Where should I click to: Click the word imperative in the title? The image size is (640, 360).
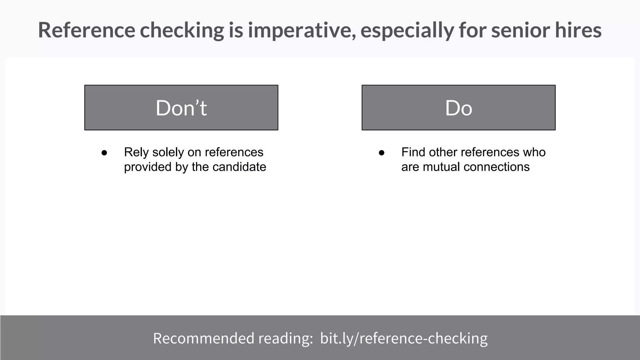coord(302,30)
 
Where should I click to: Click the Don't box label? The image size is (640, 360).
coord(181,108)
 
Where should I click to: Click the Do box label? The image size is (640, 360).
coord(458,108)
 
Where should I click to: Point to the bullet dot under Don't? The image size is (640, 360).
coord(104,153)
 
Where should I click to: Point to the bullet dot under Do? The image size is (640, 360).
coord(382,153)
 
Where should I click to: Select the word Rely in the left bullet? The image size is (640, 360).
coord(136,152)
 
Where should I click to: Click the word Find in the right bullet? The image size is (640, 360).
coord(413,152)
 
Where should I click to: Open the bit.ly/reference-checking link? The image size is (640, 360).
coord(404,338)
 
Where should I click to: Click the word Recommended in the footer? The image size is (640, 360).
coord(203,338)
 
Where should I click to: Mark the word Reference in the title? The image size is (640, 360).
coord(87,30)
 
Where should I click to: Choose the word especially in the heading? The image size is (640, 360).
coord(407,31)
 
